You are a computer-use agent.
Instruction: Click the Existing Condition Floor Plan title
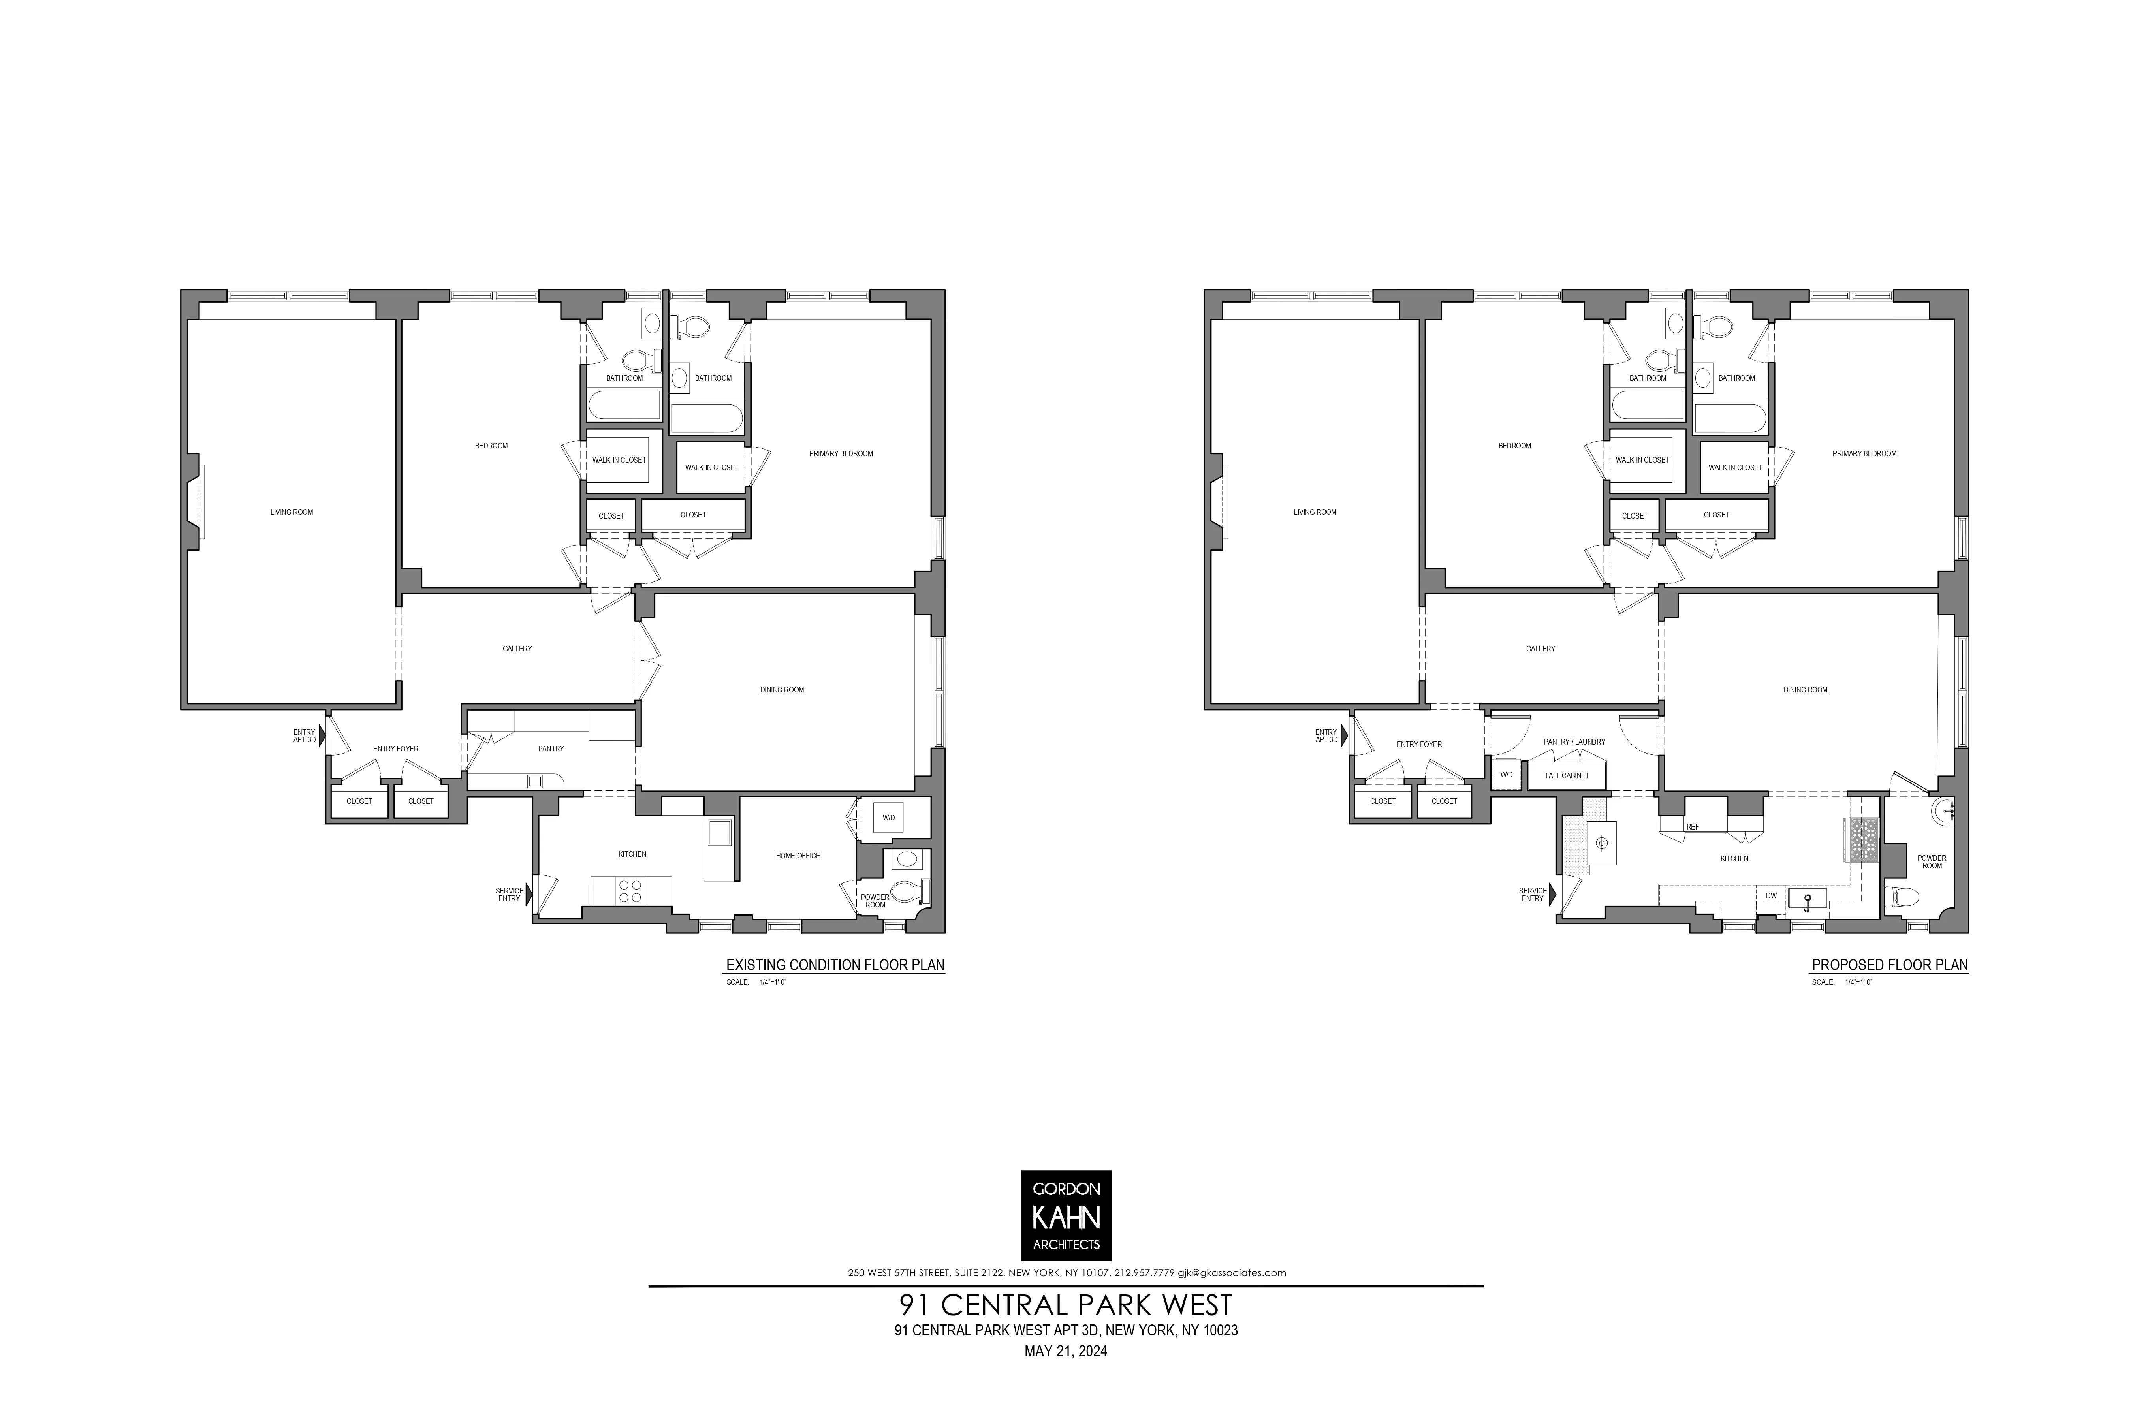[835, 965]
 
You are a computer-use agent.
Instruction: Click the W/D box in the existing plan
[888, 818]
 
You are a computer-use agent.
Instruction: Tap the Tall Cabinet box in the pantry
[1567, 775]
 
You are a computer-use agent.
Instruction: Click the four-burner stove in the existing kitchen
[630, 891]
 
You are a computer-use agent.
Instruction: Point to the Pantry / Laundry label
[1574, 742]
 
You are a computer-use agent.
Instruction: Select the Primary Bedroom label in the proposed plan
[1864, 453]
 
